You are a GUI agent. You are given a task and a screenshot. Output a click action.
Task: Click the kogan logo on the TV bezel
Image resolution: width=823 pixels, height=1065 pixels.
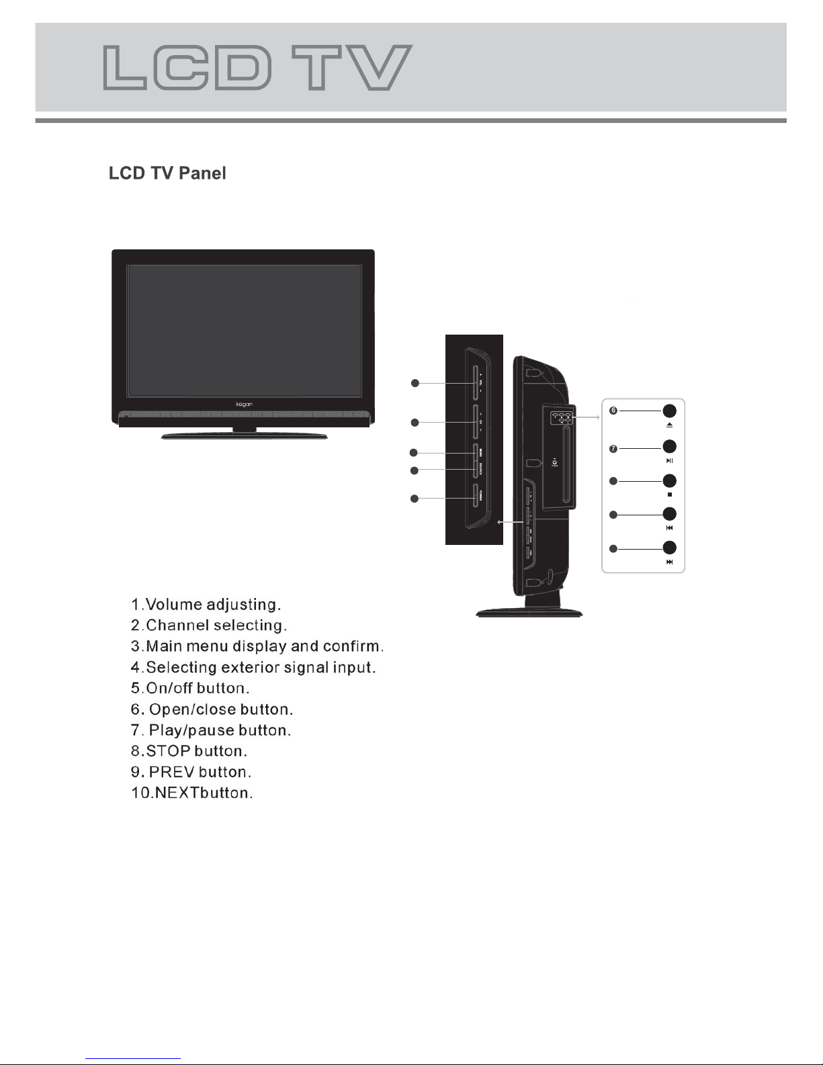coord(243,404)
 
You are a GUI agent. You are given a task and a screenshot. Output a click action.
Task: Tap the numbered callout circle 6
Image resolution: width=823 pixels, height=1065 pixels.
coord(613,411)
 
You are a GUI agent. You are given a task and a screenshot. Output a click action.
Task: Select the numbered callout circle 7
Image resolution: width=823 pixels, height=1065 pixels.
coord(613,448)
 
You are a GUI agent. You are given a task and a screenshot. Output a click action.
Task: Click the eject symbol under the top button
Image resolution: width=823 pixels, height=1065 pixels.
coord(669,426)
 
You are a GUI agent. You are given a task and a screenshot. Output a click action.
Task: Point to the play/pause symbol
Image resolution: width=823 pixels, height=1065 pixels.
coord(669,461)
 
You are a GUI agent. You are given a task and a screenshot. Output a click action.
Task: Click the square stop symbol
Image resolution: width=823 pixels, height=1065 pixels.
coord(669,495)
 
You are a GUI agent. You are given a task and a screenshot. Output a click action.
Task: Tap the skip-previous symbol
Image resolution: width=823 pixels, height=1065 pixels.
coord(669,528)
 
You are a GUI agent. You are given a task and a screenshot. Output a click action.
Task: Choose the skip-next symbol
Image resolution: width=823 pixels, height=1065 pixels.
coord(669,562)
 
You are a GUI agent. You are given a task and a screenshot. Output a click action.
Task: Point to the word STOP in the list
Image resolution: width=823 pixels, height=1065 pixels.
coord(168,751)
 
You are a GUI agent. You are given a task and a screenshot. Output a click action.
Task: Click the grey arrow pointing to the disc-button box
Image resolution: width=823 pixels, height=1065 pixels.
coord(589,417)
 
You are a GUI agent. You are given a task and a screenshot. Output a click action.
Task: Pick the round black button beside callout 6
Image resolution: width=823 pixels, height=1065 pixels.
coord(669,411)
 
